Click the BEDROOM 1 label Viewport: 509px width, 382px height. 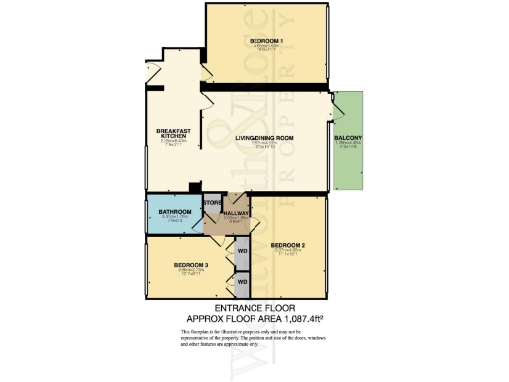click(268, 40)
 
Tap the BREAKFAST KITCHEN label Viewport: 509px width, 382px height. click(173, 135)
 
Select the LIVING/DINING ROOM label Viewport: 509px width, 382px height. click(267, 137)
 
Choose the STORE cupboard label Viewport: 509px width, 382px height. click(211, 203)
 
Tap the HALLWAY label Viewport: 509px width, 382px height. click(237, 213)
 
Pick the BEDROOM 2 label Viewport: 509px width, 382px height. click(288, 245)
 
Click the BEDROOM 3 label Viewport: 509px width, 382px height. click(191, 264)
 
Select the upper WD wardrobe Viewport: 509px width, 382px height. click(242, 250)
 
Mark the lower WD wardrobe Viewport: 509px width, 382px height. click(242, 282)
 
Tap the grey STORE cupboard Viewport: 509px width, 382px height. click(211, 215)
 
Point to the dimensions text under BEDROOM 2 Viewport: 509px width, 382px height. click(288, 253)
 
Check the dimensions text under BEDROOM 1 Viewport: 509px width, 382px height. click(268, 48)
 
